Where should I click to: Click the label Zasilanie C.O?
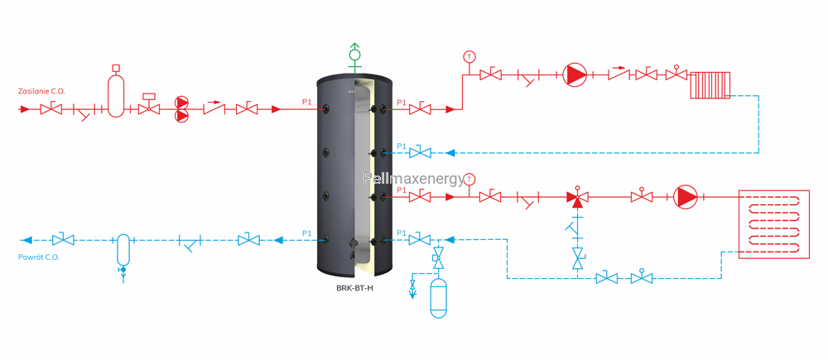[x=41, y=91]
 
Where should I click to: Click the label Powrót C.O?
[x=39, y=257]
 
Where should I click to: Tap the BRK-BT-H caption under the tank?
[x=354, y=288]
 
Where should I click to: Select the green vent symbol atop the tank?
[x=355, y=58]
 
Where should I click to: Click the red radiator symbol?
[x=710, y=84]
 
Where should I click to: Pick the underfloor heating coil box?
[x=773, y=224]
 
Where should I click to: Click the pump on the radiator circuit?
[x=575, y=75]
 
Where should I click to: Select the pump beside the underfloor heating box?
[x=686, y=198]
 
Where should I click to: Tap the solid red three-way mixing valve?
[x=577, y=198]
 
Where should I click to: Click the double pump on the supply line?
[x=181, y=109]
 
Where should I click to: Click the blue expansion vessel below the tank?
[x=438, y=298]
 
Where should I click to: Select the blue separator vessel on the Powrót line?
[x=123, y=250]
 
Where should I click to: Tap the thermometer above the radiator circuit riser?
[x=468, y=55]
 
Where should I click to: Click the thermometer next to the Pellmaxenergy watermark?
[x=470, y=179]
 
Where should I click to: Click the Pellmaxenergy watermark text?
[x=413, y=179]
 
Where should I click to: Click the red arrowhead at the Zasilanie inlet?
[x=24, y=109]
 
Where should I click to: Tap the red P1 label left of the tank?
[x=306, y=103]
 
